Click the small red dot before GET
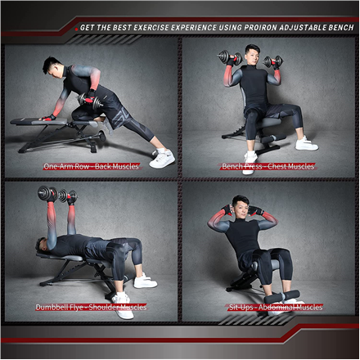(x=77, y=29)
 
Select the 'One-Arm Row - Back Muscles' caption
(x=91, y=166)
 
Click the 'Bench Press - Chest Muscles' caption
(x=268, y=166)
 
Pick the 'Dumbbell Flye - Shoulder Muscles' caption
(x=91, y=308)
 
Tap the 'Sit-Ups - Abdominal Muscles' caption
(x=276, y=308)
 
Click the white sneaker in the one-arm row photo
(x=162, y=158)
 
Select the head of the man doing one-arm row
(x=52, y=67)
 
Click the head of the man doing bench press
(x=252, y=55)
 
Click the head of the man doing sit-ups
(x=240, y=206)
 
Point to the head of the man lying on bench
(x=42, y=245)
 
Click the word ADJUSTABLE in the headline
(x=303, y=28)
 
